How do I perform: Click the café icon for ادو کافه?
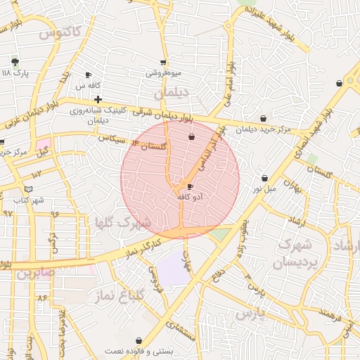point(191,186)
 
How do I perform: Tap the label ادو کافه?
point(191,198)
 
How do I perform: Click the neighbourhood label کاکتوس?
point(61,32)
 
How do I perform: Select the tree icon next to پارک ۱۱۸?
point(15,62)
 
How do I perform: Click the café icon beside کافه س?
point(88,75)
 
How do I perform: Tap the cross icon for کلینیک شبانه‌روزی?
point(98,99)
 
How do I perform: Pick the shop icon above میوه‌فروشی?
point(163,63)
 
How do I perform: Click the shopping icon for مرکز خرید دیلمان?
point(263,118)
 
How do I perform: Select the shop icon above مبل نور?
point(264,179)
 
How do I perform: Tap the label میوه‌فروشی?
point(163,73)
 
